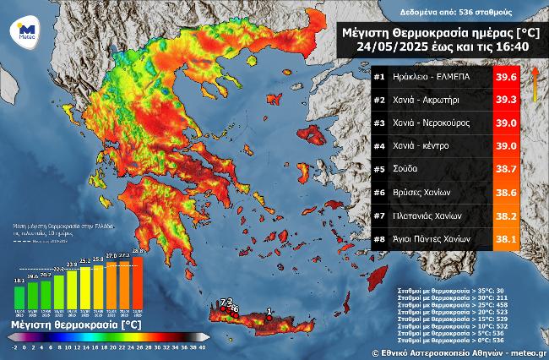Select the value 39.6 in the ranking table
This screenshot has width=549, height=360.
coord(505,79)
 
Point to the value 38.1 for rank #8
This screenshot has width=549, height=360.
coord(505,239)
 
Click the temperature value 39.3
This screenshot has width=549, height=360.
coord(505,101)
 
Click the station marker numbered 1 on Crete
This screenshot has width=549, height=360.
coord(269,319)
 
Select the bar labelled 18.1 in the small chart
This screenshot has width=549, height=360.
coord(19,296)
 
